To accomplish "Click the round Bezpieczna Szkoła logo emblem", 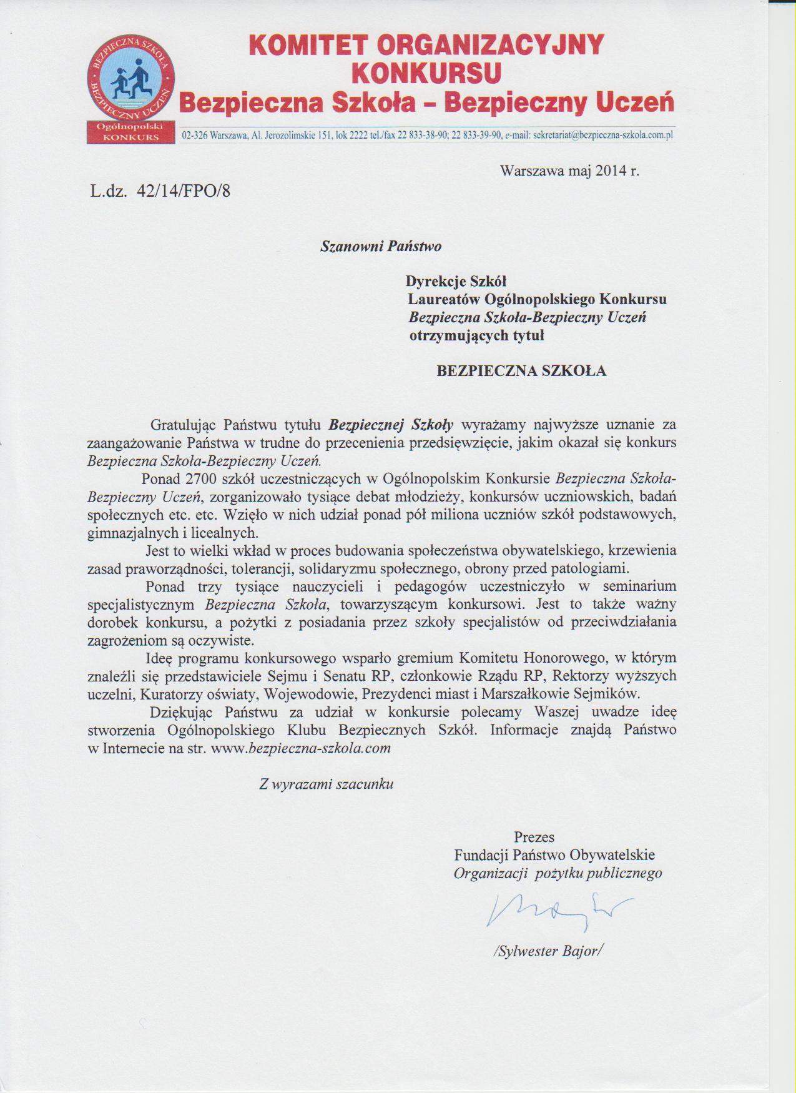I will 131,78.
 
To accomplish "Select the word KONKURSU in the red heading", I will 426,74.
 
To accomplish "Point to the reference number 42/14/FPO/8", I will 184,191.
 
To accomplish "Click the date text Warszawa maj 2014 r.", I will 569,171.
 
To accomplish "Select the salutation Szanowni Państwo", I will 381,246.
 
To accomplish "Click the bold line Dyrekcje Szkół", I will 456,281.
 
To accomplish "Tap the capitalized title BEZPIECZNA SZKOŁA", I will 521,371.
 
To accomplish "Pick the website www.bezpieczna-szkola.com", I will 301,748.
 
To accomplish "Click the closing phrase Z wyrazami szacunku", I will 327,784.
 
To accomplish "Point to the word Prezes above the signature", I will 534,837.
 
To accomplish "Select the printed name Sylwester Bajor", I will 548,951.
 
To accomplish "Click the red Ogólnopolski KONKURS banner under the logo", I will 131,132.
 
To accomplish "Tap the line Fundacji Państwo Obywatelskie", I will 554,855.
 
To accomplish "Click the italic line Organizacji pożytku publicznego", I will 558,873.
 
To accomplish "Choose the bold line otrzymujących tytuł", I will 476,335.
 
